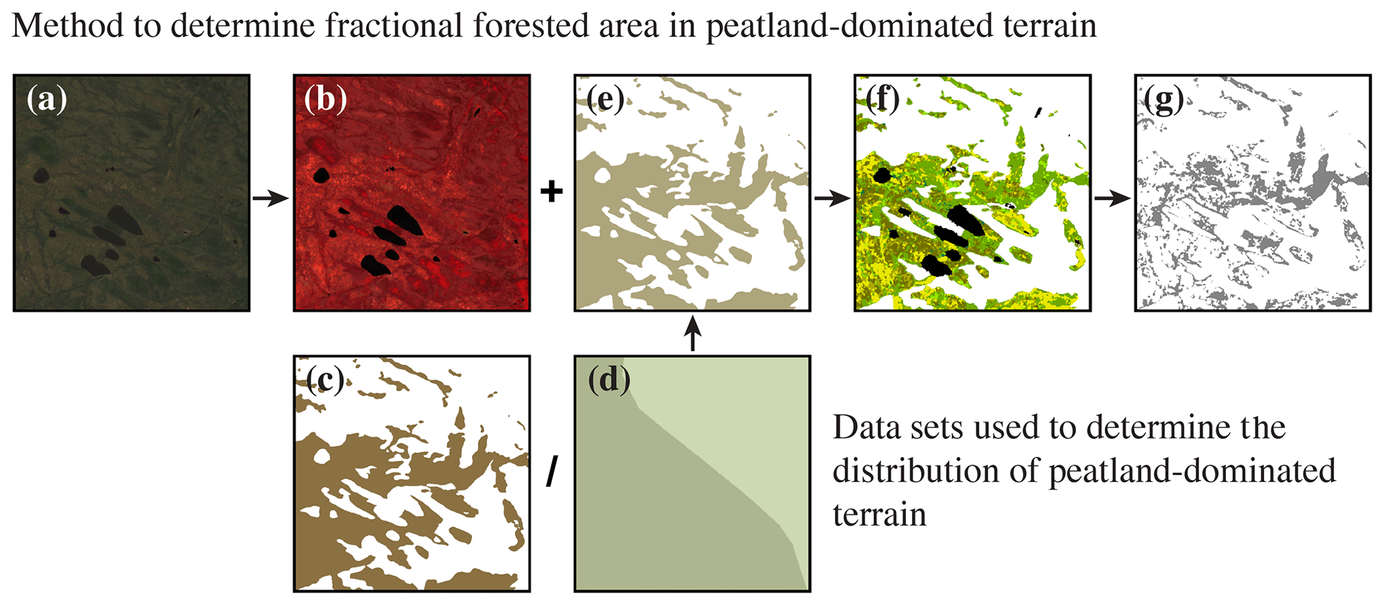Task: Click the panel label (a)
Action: tap(47, 100)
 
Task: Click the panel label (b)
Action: tap(326, 100)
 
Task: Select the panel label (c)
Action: tap(325, 381)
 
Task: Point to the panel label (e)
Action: tap(605, 100)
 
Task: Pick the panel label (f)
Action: tap(883, 100)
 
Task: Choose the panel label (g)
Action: tap(1164, 100)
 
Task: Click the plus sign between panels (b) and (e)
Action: tap(552, 192)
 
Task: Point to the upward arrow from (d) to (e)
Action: tap(693, 334)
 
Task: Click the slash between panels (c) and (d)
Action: tap(552, 473)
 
